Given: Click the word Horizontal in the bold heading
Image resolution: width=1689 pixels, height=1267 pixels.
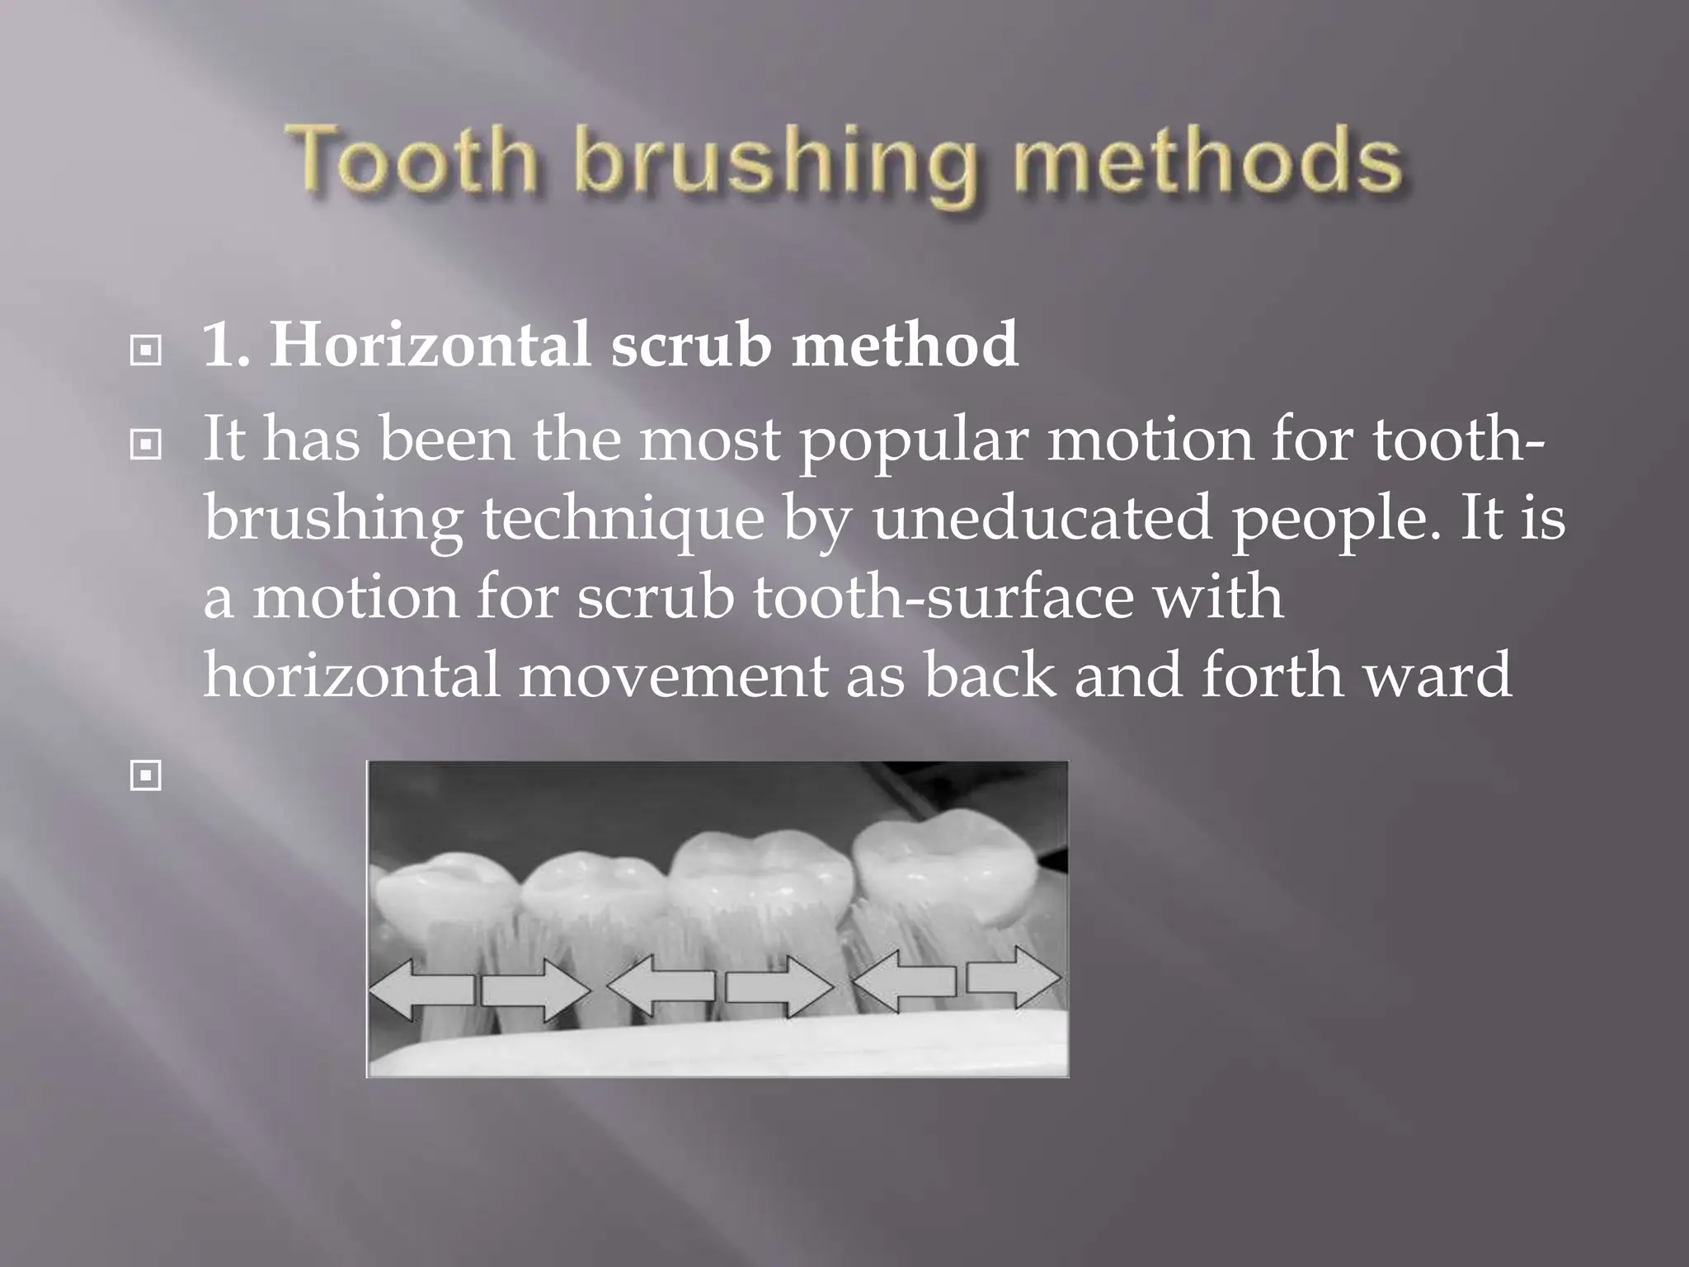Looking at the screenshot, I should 430,344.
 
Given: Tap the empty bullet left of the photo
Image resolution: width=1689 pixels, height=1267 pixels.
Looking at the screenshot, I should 146,775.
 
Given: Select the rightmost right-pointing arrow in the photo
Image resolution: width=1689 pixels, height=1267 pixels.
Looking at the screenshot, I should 1014,978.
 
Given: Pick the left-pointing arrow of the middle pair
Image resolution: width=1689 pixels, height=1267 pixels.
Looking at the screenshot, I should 661,985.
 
